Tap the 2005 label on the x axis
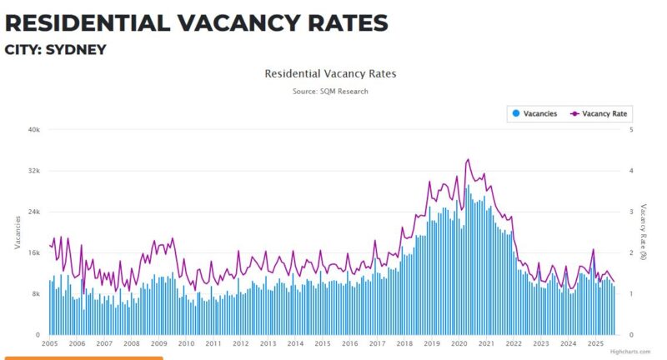pos(49,343)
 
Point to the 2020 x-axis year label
pos(459,343)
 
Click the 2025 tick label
pos(595,343)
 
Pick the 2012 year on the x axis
pos(240,343)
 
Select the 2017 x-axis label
pos(377,343)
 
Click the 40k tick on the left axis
pos(34,130)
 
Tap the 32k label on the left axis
pos(34,171)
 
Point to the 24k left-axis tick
pos(34,212)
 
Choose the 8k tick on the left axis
pos(36,294)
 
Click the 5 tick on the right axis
pos(631,130)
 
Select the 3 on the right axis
pos(631,212)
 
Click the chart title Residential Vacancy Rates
pos(330,73)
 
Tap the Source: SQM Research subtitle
pos(330,91)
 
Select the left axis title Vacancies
pos(18,232)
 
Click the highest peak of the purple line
pos(468,159)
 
